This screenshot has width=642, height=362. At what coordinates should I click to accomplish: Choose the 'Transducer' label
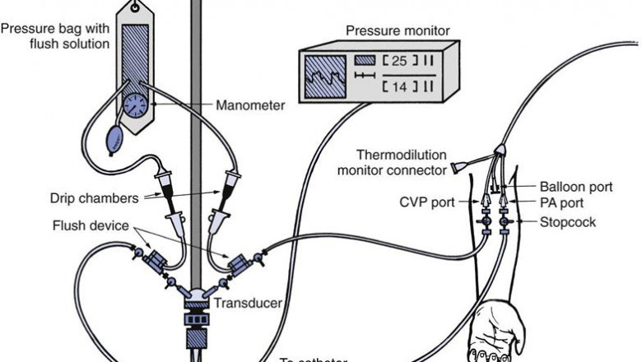point(248,303)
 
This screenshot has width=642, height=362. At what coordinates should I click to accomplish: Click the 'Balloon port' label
point(576,187)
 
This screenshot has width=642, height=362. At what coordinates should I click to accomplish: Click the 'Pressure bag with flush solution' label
point(56,35)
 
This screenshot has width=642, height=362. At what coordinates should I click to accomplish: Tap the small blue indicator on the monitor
point(365,60)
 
